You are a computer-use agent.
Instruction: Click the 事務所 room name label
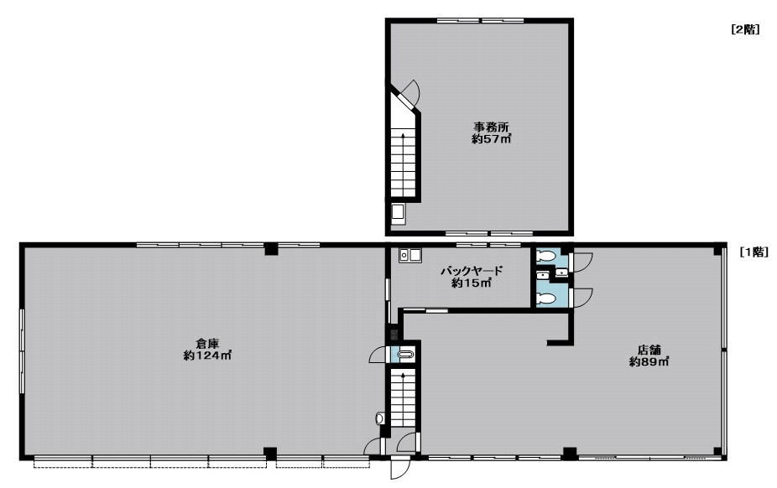(x=491, y=127)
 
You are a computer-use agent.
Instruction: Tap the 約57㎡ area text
(x=491, y=139)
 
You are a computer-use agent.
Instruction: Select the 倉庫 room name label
(x=207, y=343)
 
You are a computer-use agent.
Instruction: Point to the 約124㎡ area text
(x=207, y=356)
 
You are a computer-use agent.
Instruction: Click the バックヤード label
(x=472, y=271)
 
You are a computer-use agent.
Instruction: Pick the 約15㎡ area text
(x=472, y=283)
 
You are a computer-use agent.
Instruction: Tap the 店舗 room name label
(x=649, y=350)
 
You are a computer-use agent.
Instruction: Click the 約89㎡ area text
(x=649, y=361)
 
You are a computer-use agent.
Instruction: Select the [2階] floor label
(x=745, y=29)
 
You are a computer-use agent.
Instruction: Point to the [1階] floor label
(x=754, y=252)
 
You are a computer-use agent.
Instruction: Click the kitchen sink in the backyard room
(x=410, y=255)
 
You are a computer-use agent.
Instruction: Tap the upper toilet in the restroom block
(x=546, y=257)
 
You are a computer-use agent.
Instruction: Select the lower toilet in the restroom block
(x=546, y=299)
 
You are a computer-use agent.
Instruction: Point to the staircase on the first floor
(x=403, y=398)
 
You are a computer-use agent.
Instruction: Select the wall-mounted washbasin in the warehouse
(x=380, y=418)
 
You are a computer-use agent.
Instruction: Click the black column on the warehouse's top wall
(x=271, y=248)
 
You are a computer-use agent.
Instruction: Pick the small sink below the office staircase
(x=399, y=213)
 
